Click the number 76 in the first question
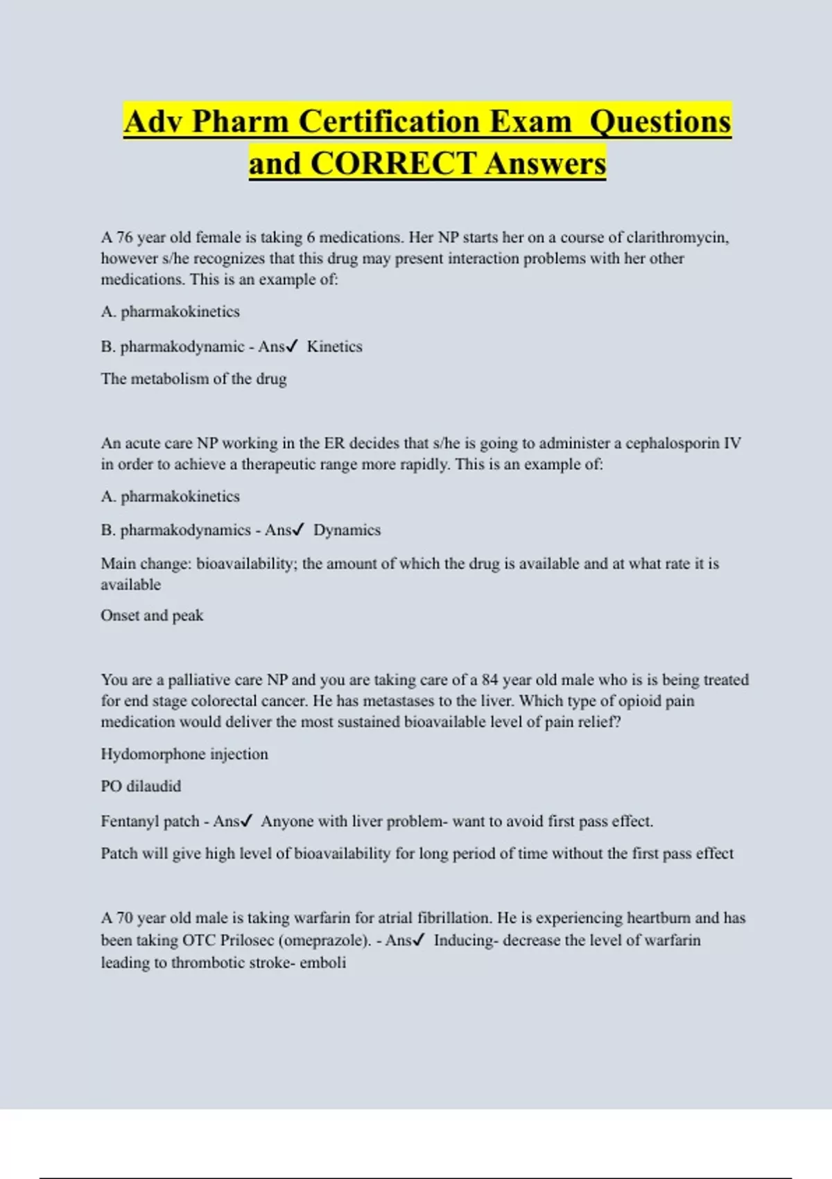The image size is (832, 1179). tap(124, 237)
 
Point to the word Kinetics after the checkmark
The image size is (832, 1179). tap(334, 346)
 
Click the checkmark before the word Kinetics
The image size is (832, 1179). tap(292, 346)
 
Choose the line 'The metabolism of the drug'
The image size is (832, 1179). tap(193, 379)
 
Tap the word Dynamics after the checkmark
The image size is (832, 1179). tap(347, 530)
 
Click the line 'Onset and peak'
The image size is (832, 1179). tap(152, 615)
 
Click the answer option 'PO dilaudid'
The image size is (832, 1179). tap(141, 786)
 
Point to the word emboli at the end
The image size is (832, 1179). tap(322, 963)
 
